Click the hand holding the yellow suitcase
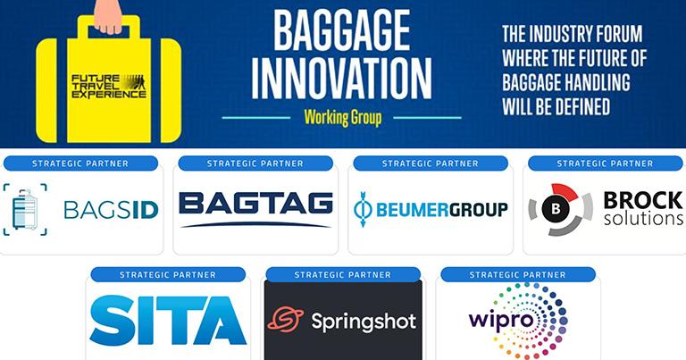108,16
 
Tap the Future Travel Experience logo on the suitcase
108,86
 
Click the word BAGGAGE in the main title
342,31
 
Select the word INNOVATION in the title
341,79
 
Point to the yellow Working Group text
343,118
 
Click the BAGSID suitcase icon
25,210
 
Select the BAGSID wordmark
111,210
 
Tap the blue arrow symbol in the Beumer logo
363,209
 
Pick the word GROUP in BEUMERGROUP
478,210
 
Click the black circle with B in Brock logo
556,209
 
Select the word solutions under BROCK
643,218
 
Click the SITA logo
168,320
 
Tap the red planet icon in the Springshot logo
286,319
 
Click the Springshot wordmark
364,322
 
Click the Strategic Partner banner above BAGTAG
255,163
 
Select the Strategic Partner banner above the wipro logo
518,275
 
